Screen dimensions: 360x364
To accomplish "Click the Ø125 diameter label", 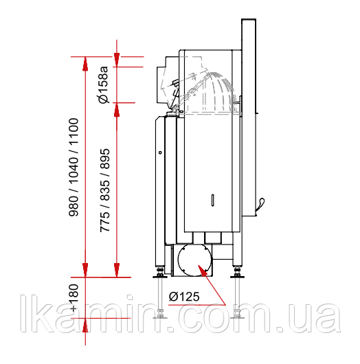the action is [184, 297].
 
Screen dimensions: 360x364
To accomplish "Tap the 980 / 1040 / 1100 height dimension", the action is [74, 168].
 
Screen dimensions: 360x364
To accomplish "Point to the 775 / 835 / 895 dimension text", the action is [104, 190].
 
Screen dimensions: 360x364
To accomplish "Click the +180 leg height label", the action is [74, 297].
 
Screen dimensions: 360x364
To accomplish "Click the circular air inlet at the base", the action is [194, 260].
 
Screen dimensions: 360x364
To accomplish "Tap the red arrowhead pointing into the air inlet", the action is [202, 270].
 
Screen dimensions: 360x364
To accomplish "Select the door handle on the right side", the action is [260, 205].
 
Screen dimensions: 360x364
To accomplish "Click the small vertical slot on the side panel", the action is [213, 200].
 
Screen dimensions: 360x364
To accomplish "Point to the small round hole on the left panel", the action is [160, 152].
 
